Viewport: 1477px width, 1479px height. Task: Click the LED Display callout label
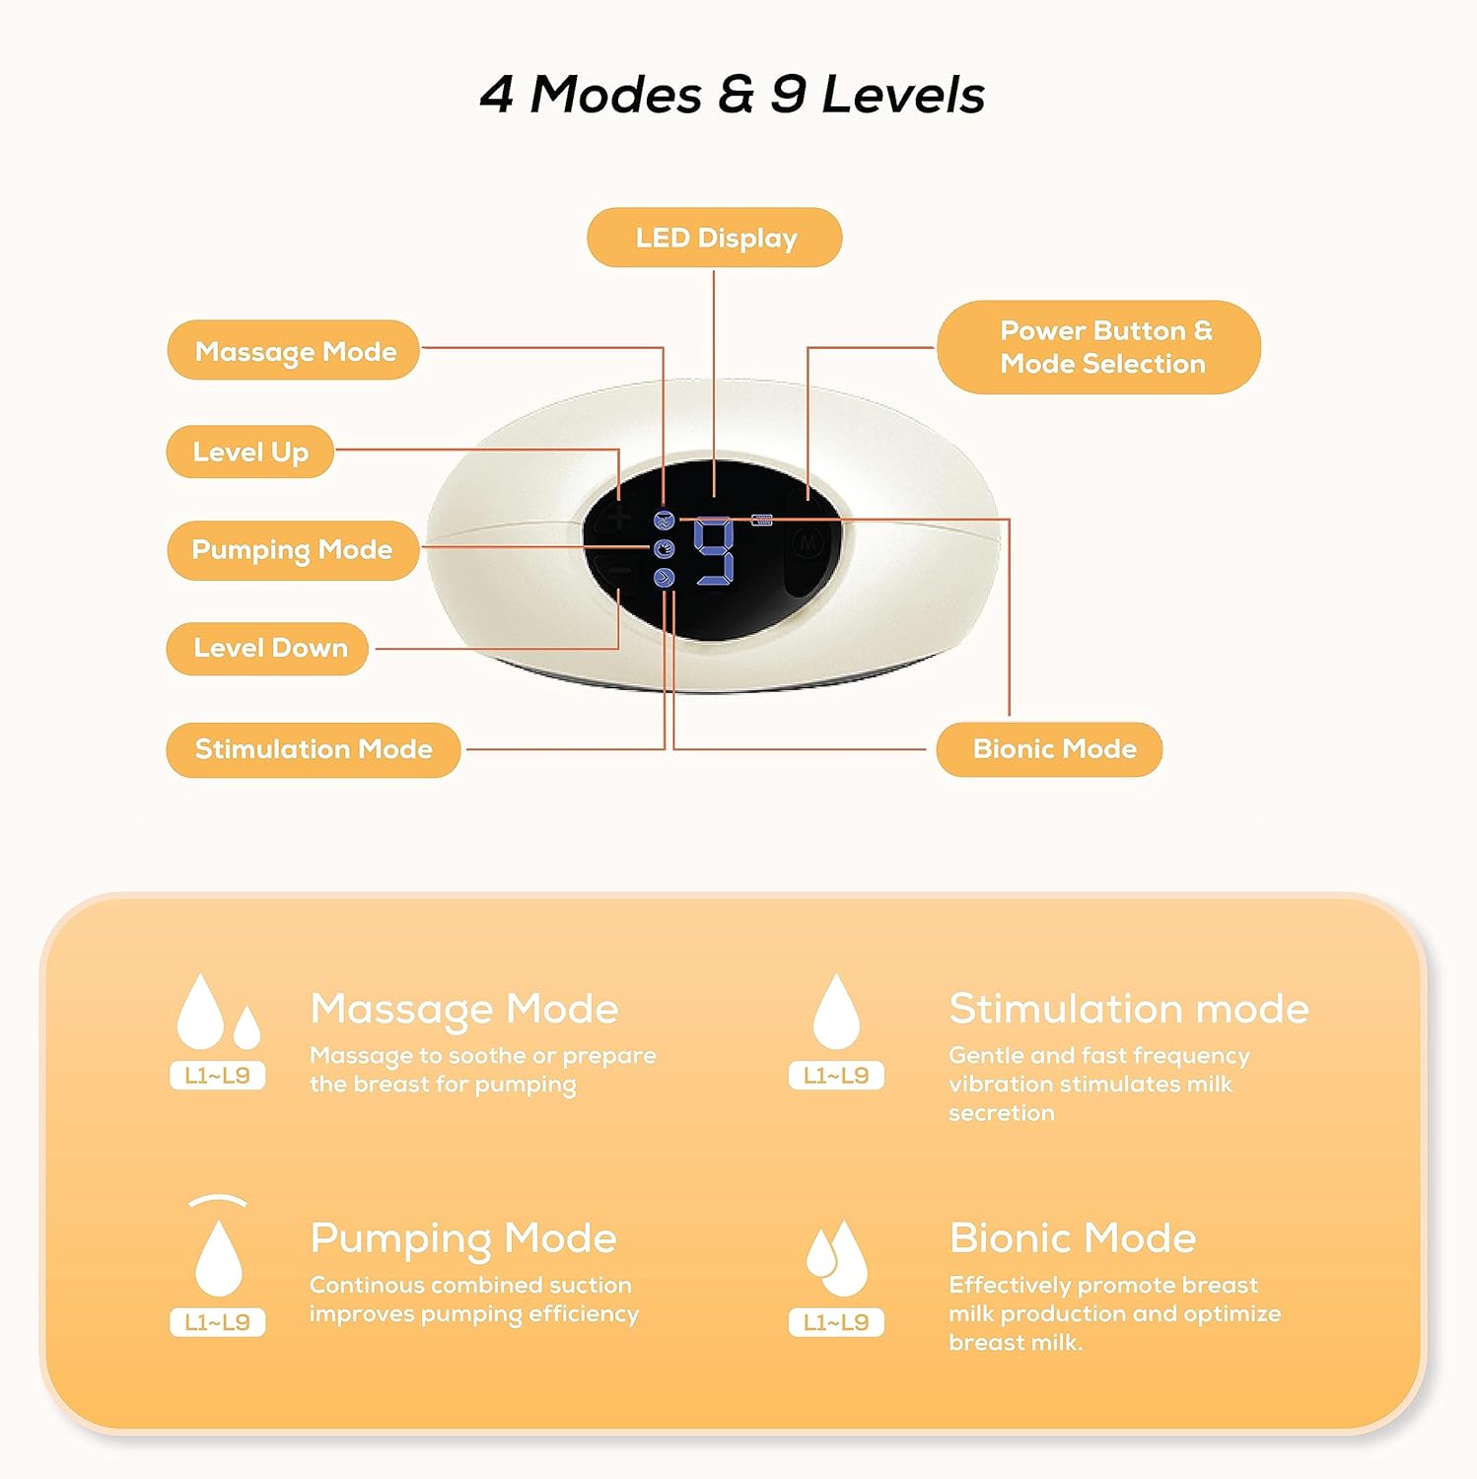(x=714, y=238)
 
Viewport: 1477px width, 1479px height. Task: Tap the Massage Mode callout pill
(x=294, y=350)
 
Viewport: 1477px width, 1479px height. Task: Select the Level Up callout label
(x=250, y=452)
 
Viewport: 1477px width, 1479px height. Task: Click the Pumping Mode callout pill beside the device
(x=293, y=550)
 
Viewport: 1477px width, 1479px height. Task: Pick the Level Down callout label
(x=268, y=648)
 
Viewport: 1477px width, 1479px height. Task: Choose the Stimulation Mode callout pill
(x=314, y=749)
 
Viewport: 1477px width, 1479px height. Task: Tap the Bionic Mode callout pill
(x=1049, y=749)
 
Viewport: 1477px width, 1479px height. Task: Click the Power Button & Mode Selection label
(x=1098, y=347)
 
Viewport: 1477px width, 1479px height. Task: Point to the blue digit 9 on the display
(x=715, y=552)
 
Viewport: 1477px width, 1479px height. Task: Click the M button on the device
(x=809, y=543)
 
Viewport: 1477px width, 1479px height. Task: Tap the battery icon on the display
(x=761, y=520)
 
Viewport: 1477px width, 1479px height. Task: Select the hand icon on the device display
(x=665, y=549)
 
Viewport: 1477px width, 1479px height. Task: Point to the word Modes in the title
(x=616, y=95)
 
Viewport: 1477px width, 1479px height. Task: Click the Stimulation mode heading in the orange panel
(x=1129, y=1009)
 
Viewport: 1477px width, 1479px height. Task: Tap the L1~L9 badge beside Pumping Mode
(x=218, y=1322)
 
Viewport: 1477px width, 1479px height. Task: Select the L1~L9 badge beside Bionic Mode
(x=836, y=1322)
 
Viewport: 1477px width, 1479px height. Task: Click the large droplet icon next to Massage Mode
(x=200, y=1011)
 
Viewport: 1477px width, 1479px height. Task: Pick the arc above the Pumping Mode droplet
(x=218, y=1200)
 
